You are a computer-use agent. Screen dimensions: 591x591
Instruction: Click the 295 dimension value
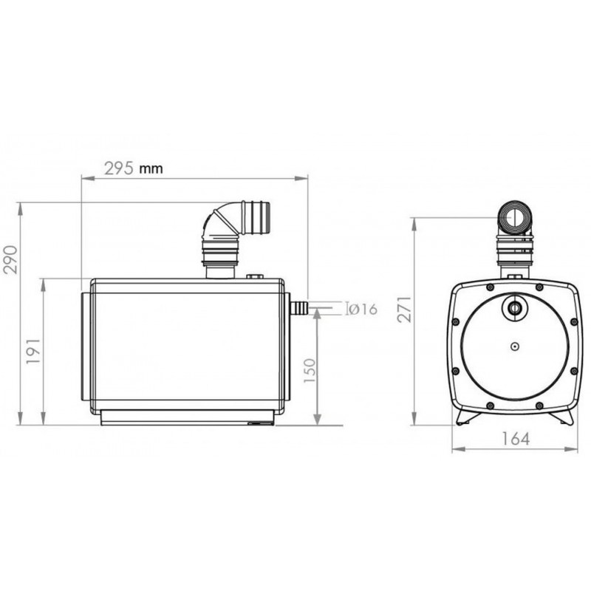click(x=119, y=168)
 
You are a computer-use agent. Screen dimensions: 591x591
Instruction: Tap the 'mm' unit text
click(x=151, y=168)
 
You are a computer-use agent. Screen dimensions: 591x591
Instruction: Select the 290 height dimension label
click(x=11, y=259)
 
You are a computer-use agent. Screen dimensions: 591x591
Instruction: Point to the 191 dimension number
click(x=33, y=351)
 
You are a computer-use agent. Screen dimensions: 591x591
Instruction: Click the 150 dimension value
click(x=310, y=371)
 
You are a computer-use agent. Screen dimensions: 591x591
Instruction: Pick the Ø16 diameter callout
click(x=362, y=309)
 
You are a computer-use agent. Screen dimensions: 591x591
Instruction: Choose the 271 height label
click(x=406, y=309)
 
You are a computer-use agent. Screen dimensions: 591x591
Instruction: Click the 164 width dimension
click(x=516, y=439)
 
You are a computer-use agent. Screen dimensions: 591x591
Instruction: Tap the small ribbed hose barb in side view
click(x=299, y=308)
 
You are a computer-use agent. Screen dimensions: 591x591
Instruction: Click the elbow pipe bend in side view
click(x=219, y=222)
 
